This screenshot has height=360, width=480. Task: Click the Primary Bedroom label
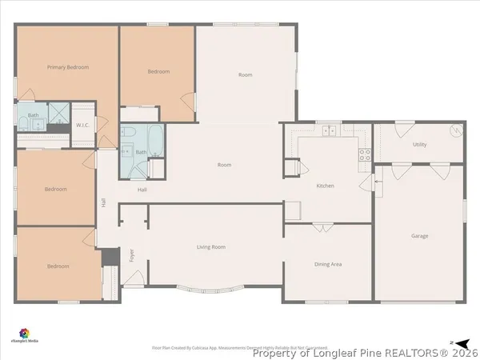[x=67, y=67]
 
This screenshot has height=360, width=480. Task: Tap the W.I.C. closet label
[x=82, y=125]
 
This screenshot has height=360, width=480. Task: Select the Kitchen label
[x=325, y=186]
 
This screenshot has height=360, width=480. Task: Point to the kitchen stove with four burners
[x=365, y=154]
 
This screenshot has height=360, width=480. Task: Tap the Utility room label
[x=419, y=145]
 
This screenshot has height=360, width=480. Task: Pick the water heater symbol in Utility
[x=458, y=131]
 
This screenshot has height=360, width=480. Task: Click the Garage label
[x=419, y=236]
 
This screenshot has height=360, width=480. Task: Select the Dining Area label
[x=329, y=264]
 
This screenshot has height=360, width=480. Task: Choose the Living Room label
[x=211, y=247]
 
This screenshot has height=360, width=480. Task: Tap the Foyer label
[x=132, y=256]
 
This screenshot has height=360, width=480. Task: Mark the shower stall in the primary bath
[x=58, y=115]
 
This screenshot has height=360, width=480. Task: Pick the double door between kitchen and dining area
[x=322, y=227]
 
